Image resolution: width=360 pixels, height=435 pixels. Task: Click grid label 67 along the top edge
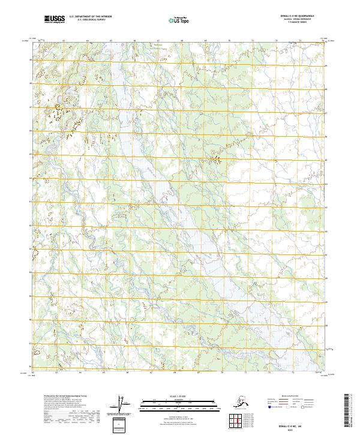[159, 40]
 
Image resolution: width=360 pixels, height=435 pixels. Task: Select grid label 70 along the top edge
[229, 40]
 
